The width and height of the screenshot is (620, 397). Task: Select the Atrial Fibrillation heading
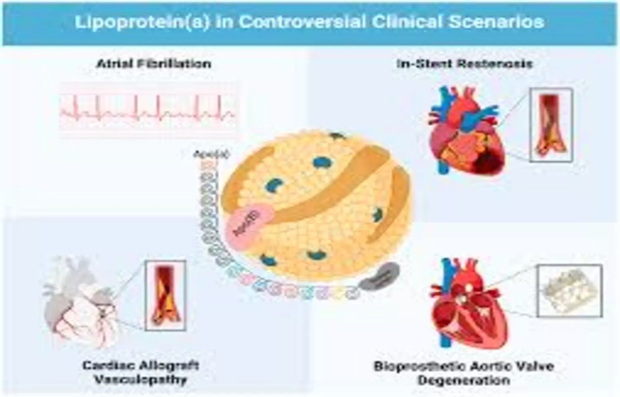154,64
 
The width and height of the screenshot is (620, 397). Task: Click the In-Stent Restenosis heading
464,64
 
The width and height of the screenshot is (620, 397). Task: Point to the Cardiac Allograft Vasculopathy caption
141,372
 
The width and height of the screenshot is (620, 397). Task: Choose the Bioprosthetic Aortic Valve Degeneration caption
464,372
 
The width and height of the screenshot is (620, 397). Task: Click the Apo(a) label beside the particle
211,155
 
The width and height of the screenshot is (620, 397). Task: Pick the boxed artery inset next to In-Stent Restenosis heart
551,125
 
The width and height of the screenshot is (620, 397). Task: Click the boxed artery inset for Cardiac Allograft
165,295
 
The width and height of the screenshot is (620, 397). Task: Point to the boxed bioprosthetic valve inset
569,291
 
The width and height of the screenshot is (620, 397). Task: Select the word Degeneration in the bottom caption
464,380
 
